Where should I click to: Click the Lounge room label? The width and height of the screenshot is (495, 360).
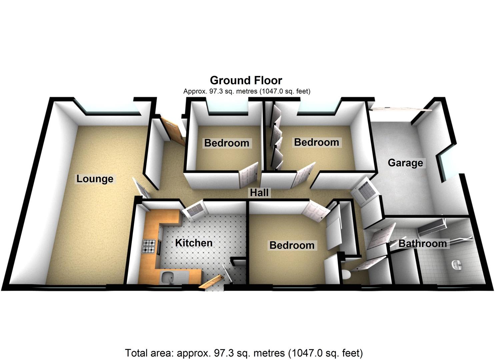pyautogui.click(x=95, y=179)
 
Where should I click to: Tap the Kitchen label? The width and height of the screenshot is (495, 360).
pyautogui.click(x=194, y=243)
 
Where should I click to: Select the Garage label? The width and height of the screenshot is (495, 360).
pyautogui.click(x=405, y=163)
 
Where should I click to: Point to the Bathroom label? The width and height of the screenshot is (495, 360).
pyautogui.click(x=422, y=243)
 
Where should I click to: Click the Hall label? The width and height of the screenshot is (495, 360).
pyautogui.click(x=259, y=192)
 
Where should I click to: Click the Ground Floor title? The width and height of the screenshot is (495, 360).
pyautogui.click(x=246, y=80)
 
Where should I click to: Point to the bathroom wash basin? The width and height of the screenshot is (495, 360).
pyautogui.click(x=456, y=265)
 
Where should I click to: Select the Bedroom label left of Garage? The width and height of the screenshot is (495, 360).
pyautogui.click(x=316, y=142)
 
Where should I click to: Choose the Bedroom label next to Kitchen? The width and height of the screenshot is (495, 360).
pyautogui.click(x=292, y=245)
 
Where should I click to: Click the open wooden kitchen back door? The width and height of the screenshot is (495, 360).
pyautogui.click(x=211, y=282)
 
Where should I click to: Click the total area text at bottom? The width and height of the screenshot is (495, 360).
pyautogui.click(x=244, y=353)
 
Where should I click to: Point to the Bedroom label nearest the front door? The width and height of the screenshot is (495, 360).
pyautogui.click(x=227, y=143)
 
